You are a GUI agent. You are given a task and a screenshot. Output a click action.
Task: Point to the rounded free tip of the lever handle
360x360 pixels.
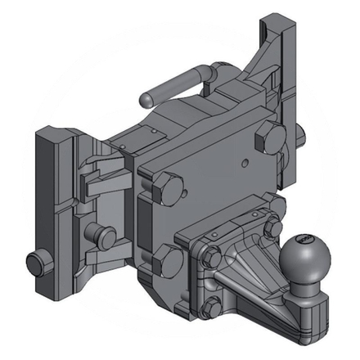145,97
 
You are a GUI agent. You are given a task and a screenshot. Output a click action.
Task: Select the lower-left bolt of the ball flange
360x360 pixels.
211,307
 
